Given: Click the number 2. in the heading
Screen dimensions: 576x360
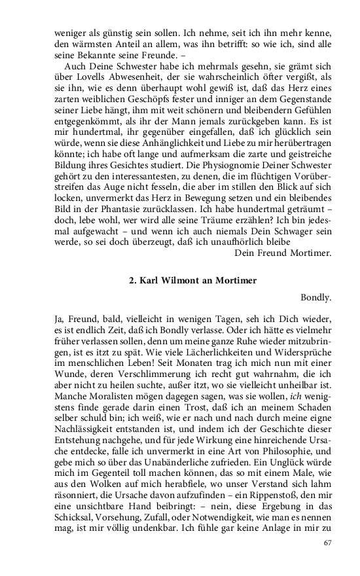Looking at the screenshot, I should [134, 280].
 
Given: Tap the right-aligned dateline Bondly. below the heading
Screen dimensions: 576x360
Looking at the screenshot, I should [315, 298].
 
